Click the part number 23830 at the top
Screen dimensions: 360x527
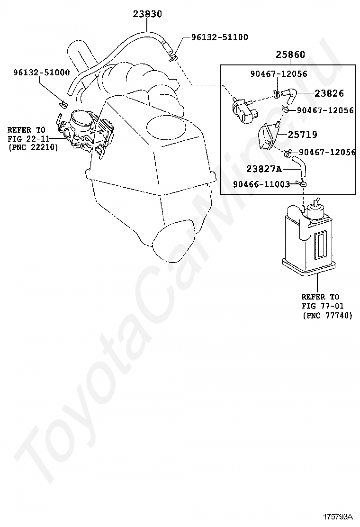(x=147, y=14)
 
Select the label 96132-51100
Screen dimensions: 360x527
(x=219, y=37)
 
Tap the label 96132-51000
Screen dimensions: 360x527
(x=41, y=73)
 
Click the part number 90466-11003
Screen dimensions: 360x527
(x=261, y=184)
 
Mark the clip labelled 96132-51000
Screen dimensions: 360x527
(x=62, y=103)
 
